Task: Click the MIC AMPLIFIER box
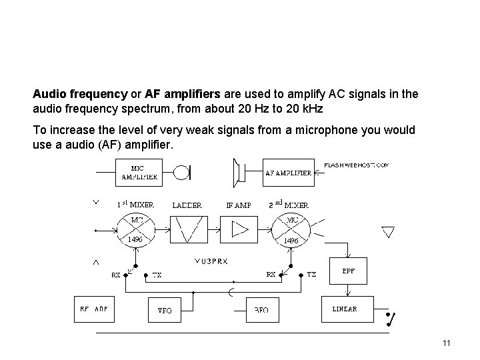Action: pyautogui.click(x=139, y=173)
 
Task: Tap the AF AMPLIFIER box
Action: pyautogui.click(x=289, y=173)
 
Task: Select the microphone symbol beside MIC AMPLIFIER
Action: pyautogui.click(x=181, y=173)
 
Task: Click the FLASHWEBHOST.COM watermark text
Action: pyautogui.click(x=356, y=165)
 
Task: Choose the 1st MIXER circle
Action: pyautogui.click(x=136, y=229)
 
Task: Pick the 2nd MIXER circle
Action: pyautogui.click(x=291, y=229)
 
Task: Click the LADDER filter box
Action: pyautogui.click(x=187, y=229)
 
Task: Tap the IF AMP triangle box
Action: pyautogui.click(x=239, y=229)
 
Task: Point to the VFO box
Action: pyautogui.click(x=164, y=310)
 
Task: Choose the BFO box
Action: pyautogui.click(x=261, y=310)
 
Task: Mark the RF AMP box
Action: pyautogui.click(x=94, y=309)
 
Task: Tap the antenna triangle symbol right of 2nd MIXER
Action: pyautogui.click(x=388, y=232)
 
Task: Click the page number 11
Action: pyautogui.click(x=446, y=343)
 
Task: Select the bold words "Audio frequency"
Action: pyautogui.click(x=80, y=95)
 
